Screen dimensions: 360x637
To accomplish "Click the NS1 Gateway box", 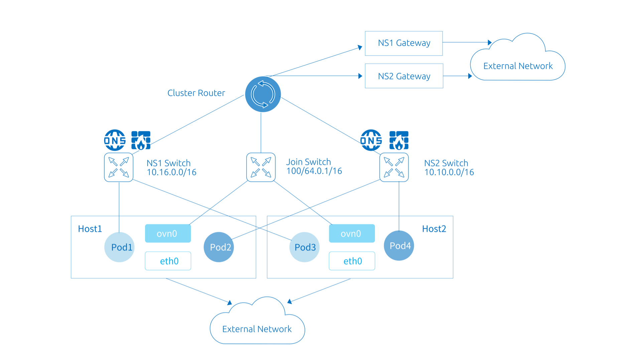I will click(x=404, y=43).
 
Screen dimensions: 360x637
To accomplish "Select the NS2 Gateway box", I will click(x=404, y=76).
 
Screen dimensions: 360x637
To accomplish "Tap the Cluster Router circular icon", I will click(x=263, y=94).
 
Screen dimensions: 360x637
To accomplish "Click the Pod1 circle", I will click(x=119, y=247).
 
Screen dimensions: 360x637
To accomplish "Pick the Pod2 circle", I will click(x=219, y=247).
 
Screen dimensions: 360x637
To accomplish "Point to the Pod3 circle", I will click(x=304, y=247).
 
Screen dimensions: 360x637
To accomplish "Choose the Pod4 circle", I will click(x=399, y=246).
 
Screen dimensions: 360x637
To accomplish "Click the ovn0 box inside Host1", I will click(x=168, y=233).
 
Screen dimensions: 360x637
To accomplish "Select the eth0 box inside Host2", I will click(x=352, y=261).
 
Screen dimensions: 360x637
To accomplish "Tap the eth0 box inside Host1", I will click(x=168, y=261).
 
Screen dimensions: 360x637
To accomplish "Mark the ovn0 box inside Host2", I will click(x=352, y=233).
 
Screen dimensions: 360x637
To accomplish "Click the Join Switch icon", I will click(x=261, y=167).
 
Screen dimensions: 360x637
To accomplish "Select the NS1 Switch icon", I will click(x=119, y=167).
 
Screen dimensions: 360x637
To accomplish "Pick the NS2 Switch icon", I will click(x=394, y=167).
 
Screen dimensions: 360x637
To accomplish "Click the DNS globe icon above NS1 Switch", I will click(x=115, y=140).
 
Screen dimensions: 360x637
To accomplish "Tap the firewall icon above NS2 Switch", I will click(x=399, y=140).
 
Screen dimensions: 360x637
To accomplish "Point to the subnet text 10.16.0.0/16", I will click(x=171, y=172).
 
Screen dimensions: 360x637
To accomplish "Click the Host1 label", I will click(x=90, y=229).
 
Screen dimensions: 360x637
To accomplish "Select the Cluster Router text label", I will click(x=196, y=93).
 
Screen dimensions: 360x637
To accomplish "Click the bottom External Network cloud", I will click(x=257, y=326).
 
